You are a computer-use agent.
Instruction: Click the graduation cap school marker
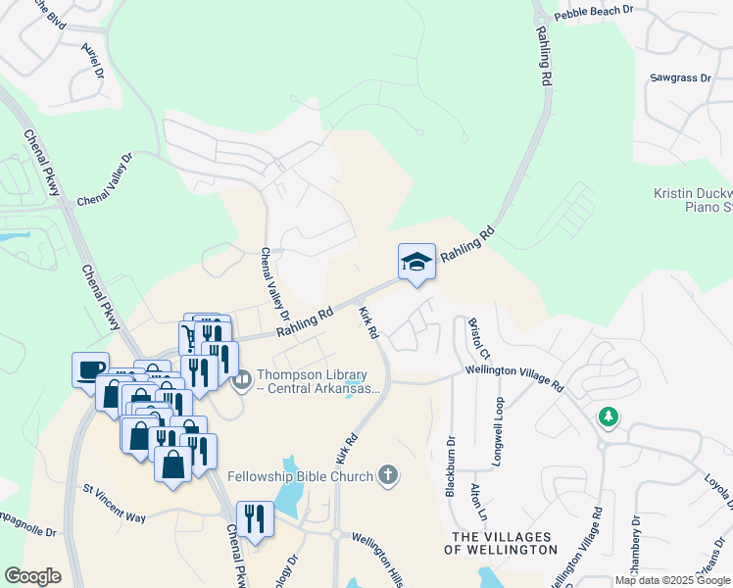416,262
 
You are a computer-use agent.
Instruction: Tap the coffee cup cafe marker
91,369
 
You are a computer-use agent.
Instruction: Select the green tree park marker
610,416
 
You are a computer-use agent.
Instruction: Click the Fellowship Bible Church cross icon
388,476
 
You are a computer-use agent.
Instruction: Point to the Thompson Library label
312,382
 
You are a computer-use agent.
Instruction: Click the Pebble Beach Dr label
595,12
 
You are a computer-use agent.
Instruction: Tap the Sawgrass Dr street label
679,76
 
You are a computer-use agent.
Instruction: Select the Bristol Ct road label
477,337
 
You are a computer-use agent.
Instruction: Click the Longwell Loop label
499,432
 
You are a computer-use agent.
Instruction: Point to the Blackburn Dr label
451,465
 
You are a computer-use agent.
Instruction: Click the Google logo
32,575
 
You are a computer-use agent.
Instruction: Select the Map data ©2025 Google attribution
672,580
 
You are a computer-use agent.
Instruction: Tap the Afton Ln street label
478,500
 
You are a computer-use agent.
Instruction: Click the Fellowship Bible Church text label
300,477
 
